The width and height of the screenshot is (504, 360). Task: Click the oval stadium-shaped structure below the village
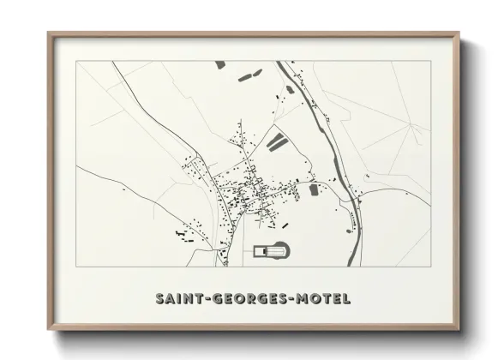pos(272,250)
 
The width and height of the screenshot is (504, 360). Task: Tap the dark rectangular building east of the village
pos(313,189)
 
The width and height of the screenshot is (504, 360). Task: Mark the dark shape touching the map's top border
pos(219,63)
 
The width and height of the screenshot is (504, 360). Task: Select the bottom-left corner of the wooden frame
pos(50,330)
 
